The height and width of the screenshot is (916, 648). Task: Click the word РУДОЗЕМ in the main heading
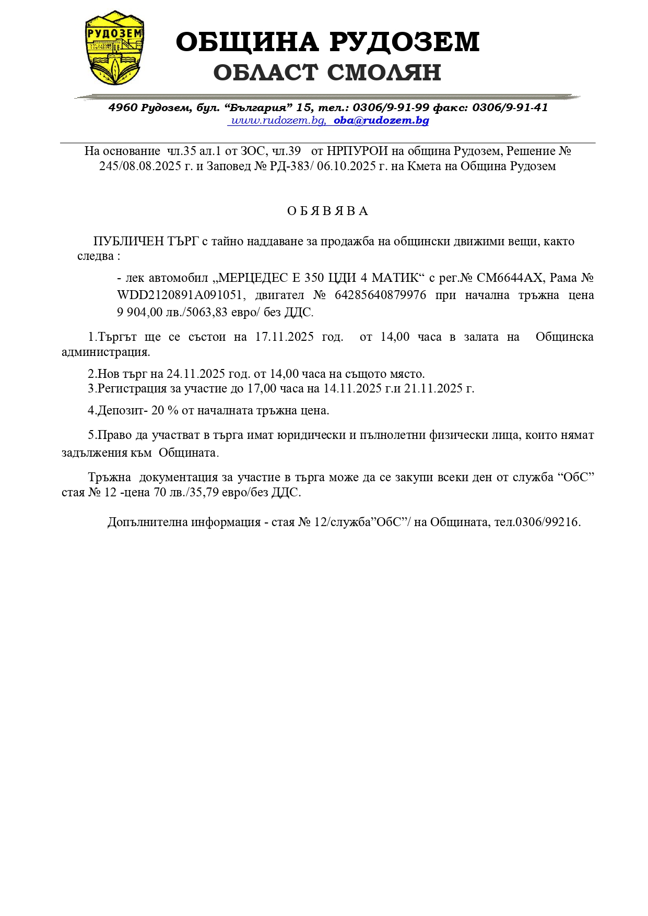click(404, 42)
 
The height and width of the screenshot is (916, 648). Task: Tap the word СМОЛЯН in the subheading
click(384, 73)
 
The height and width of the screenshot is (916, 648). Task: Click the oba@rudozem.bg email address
click(381, 121)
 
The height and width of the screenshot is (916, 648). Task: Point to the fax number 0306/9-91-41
click(510, 108)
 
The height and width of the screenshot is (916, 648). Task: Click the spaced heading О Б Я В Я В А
click(328, 211)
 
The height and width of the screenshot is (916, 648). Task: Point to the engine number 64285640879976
click(380, 295)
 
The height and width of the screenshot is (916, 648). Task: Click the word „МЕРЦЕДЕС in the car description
click(253, 278)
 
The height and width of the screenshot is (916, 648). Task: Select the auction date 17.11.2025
click(284, 337)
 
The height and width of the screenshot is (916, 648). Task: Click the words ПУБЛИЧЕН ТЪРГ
click(146, 241)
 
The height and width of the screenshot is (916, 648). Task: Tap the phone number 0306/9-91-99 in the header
click(391, 108)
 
